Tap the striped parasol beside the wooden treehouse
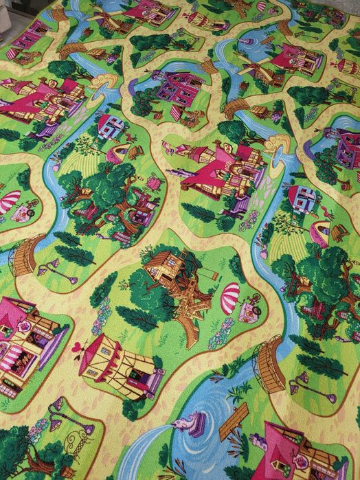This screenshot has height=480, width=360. (230, 295)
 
